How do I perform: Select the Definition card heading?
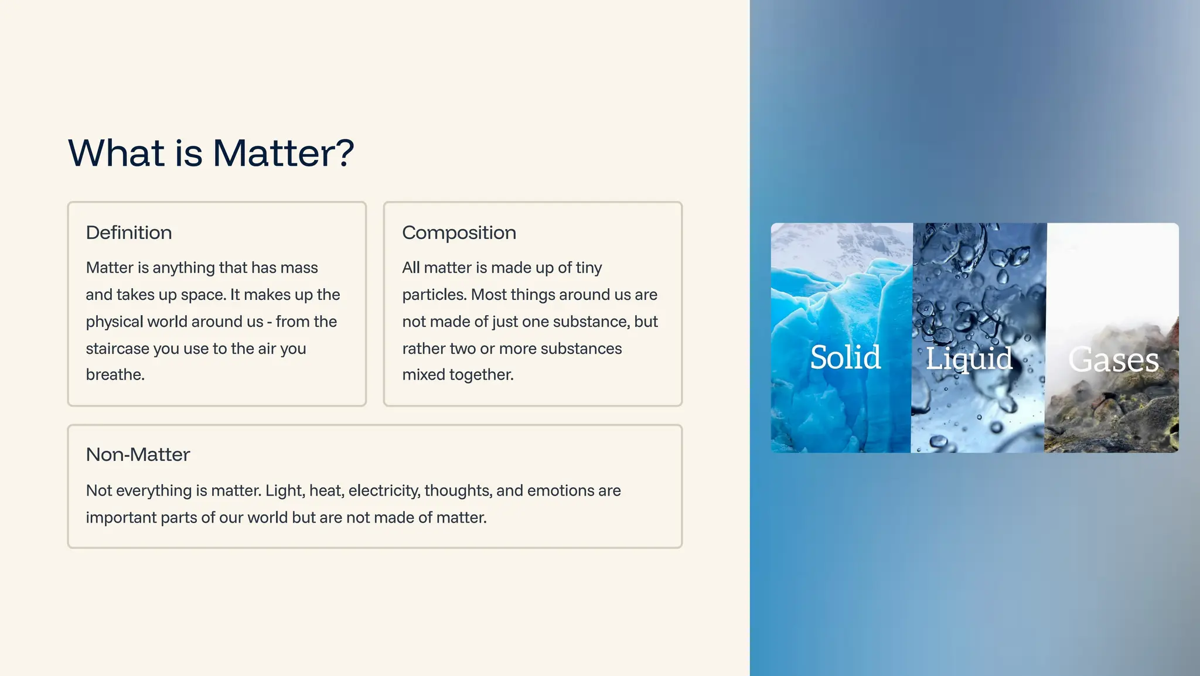pyautogui.click(x=129, y=233)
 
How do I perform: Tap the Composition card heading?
pyautogui.click(x=459, y=233)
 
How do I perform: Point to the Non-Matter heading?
pyautogui.click(x=138, y=455)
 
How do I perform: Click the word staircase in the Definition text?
pyautogui.click(x=117, y=349)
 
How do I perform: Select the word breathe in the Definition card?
pyautogui.click(x=114, y=374)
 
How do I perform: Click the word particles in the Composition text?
pyautogui.click(x=434, y=295)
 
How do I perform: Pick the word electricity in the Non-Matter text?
pyautogui.click(x=384, y=490)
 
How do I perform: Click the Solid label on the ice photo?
pyautogui.click(x=845, y=357)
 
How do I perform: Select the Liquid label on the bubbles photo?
pyautogui.click(x=969, y=359)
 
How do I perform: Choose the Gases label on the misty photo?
pyautogui.click(x=1113, y=360)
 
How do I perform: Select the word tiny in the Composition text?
pyautogui.click(x=588, y=268)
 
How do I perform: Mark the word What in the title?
pyautogui.click(x=116, y=153)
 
